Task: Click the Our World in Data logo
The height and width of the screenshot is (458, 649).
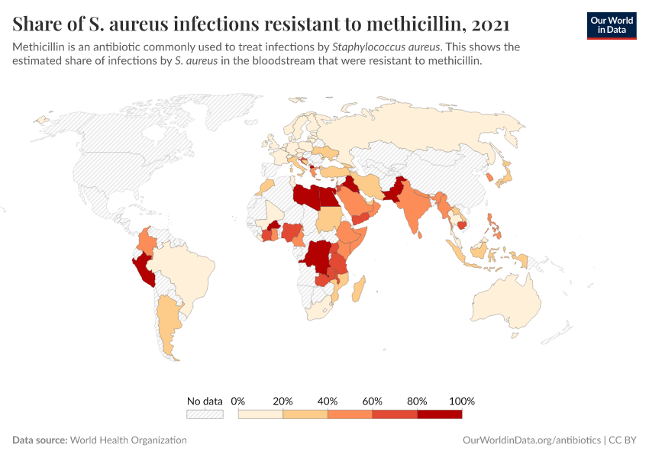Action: pyautogui.click(x=611, y=25)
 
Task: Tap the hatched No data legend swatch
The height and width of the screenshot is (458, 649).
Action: pyautogui.click(x=205, y=414)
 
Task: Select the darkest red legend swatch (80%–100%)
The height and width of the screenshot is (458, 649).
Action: pyautogui.click(x=440, y=414)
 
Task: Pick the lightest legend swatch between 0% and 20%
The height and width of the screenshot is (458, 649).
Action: pyautogui.click(x=260, y=414)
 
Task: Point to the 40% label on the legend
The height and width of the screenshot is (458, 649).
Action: pyautogui.click(x=328, y=401)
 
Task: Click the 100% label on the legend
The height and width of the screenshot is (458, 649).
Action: pyautogui.click(x=462, y=401)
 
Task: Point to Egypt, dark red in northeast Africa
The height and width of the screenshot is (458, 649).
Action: pyautogui.click(x=328, y=197)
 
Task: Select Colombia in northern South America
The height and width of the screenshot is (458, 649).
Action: pyautogui.click(x=147, y=244)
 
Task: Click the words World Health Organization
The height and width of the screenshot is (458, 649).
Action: pyautogui.click(x=128, y=440)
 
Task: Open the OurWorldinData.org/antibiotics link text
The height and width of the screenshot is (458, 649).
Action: pyautogui.click(x=531, y=440)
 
